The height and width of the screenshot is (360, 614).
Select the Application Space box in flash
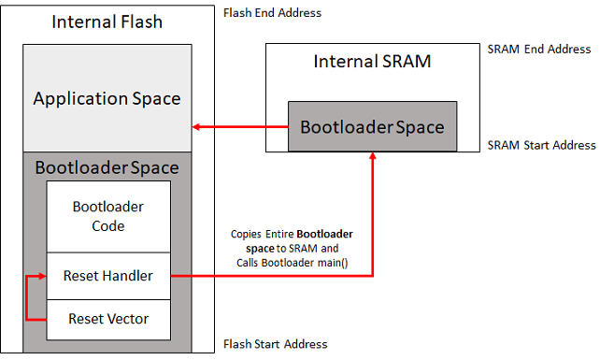pos(107,98)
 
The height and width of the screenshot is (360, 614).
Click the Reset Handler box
pos(108,276)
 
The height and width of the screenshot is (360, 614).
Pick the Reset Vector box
pos(108,319)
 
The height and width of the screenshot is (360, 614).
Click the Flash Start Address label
pos(276,344)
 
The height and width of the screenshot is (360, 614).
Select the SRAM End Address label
pos(539,49)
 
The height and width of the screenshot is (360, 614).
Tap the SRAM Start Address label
pos(541,145)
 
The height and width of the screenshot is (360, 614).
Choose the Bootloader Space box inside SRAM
pos(372,126)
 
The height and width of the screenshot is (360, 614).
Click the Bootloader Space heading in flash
pos(107,168)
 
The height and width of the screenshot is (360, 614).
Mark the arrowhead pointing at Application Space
pos(197,126)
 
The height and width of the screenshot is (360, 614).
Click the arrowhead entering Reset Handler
pos(41,277)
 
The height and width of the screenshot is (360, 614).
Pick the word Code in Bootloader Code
pos(108,225)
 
